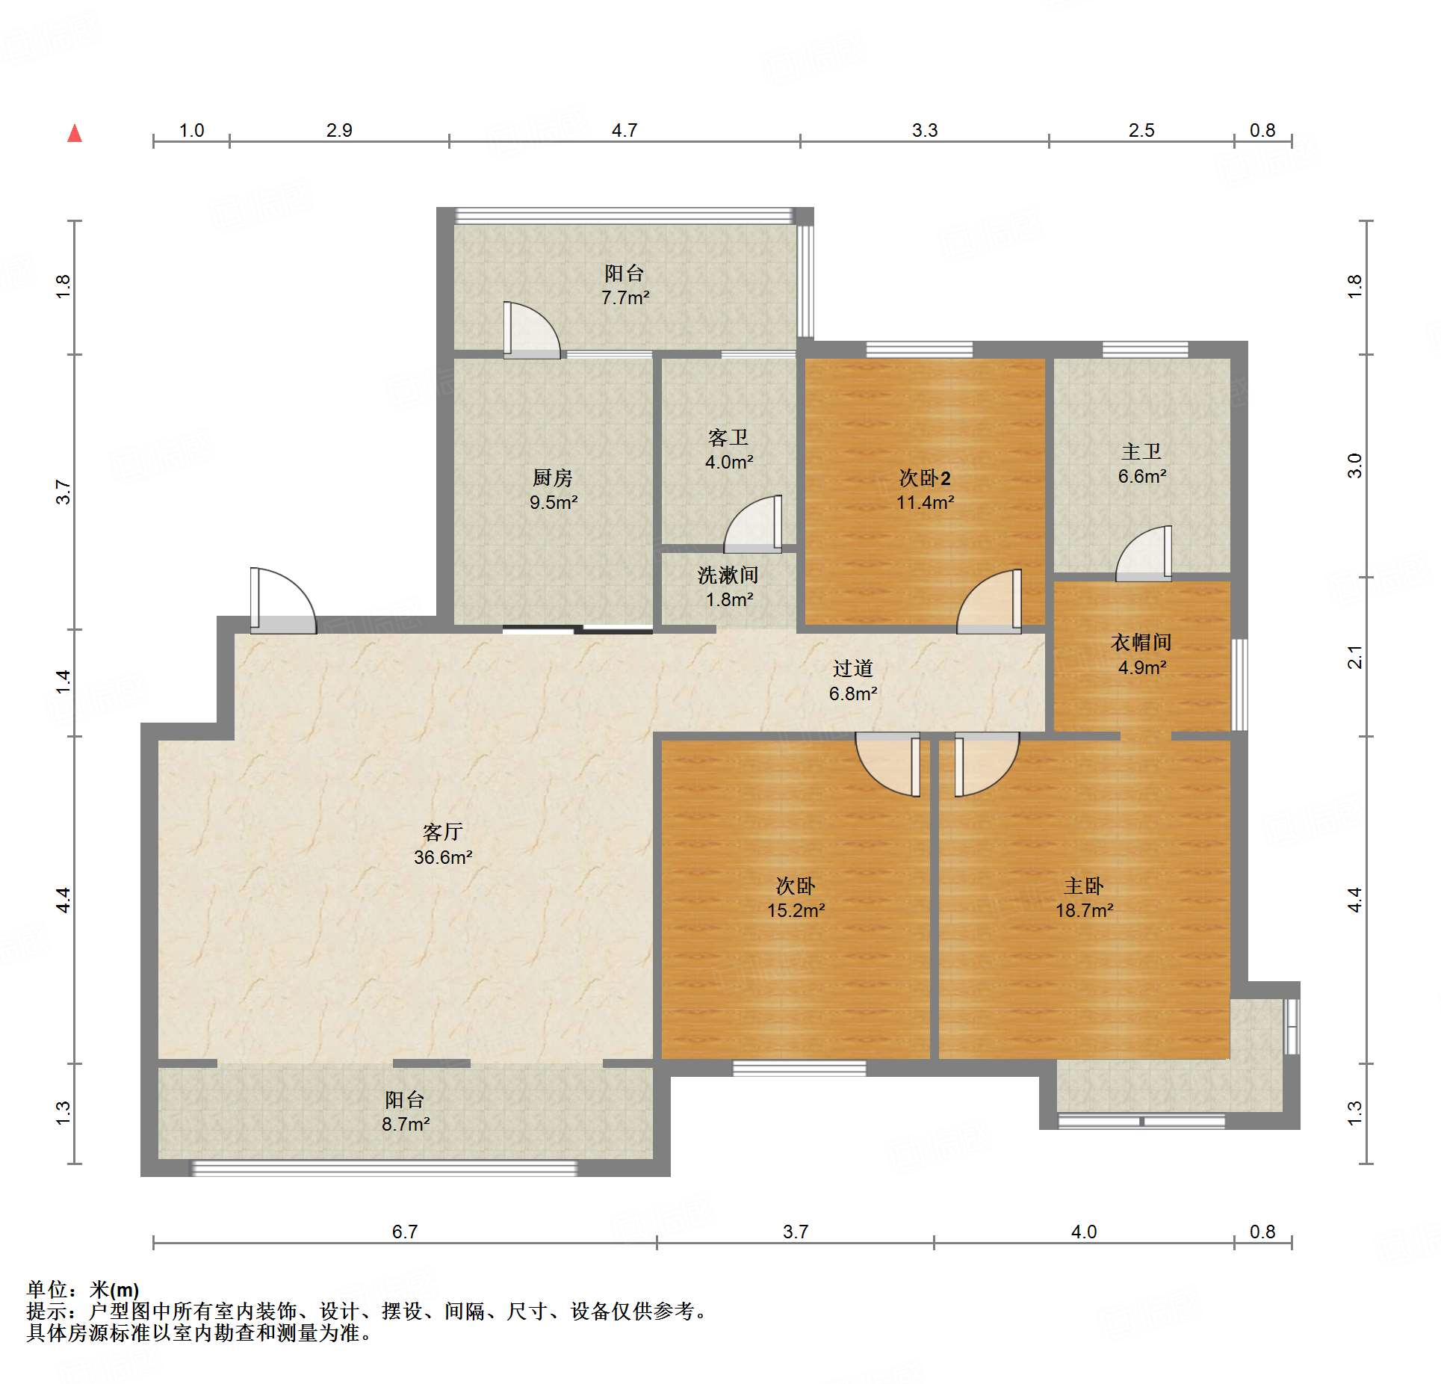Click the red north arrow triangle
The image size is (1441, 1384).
click(x=75, y=134)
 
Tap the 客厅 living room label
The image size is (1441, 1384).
click(x=443, y=832)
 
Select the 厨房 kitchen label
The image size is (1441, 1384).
click(x=553, y=478)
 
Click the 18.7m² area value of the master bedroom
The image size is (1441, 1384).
click(x=1084, y=910)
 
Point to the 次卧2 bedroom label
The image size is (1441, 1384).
click(x=925, y=478)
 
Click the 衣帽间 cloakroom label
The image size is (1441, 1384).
click(x=1141, y=642)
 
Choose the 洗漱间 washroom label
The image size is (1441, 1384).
click(x=728, y=575)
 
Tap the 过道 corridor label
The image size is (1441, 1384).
click(x=853, y=668)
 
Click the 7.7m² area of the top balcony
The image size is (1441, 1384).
click(x=625, y=297)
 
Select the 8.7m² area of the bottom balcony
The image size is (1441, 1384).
click(x=406, y=1124)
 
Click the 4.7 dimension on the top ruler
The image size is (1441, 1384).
click(x=625, y=131)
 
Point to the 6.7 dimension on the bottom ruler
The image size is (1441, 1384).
click(x=405, y=1232)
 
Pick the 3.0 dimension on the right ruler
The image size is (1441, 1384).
click(x=1355, y=466)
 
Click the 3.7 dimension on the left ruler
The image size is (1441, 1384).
click(x=63, y=492)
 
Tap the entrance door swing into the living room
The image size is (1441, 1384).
click(x=283, y=601)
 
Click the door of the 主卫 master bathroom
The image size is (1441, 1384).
click(x=1144, y=554)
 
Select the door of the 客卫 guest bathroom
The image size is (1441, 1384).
click(x=753, y=524)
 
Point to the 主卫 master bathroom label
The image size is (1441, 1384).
click(x=1141, y=451)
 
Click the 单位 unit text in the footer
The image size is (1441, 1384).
click(x=48, y=1289)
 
